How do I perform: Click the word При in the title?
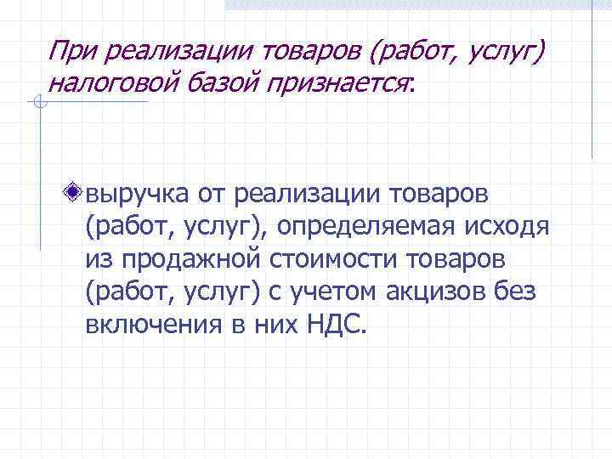[x=69, y=53]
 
